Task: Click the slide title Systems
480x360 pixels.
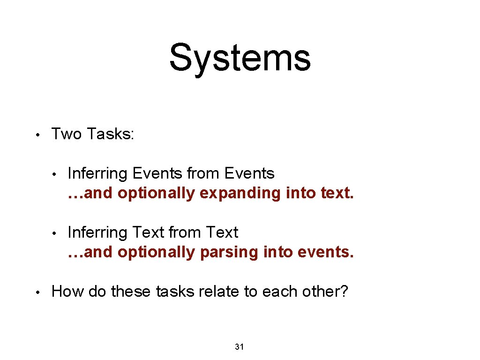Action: tap(240, 58)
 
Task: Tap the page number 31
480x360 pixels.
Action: tap(239, 347)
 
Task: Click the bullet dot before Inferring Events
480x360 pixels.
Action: tap(54, 174)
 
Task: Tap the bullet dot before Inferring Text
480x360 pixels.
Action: tap(54, 233)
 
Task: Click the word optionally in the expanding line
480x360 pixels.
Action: tap(156, 193)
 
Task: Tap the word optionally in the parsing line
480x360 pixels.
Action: tap(156, 252)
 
